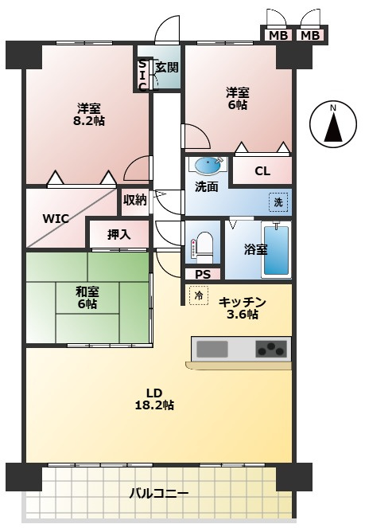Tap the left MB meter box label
(278, 35)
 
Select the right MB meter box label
(310, 35)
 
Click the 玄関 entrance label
(167, 68)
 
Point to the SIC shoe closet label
(142, 76)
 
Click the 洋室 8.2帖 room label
(89, 115)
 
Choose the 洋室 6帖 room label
(237, 98)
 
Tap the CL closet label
(262, 171)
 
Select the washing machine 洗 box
(278, 202)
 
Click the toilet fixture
(203, 248)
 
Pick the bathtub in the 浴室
(276, 251)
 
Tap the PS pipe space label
(203, 275)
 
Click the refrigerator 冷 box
(199, 295)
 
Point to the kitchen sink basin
(212, 349)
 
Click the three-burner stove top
(271, 349)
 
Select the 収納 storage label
(134, 201)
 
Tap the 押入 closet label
(119, 234)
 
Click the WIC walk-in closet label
(56, 219)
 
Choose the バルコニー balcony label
(159, 494)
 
